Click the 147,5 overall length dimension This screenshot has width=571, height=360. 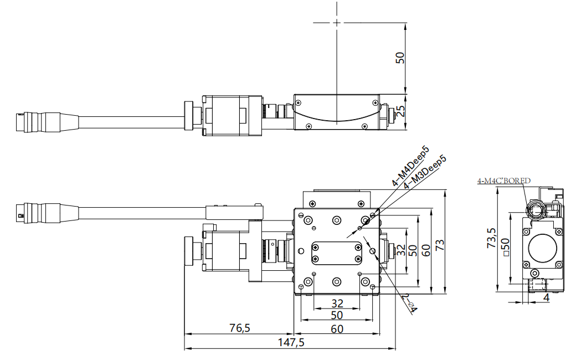tap(290, 342)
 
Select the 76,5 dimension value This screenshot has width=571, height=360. tap(239, 328)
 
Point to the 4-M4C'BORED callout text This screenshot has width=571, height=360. tap(504, 181)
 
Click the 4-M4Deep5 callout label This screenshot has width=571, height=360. tap(410, 166)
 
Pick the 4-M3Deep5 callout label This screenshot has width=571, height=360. tap(425, 172)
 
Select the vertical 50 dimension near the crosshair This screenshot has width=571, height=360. tap(400, 58)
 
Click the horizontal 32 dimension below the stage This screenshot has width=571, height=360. tap(337, 303)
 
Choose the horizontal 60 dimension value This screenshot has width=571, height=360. tap(337, 328)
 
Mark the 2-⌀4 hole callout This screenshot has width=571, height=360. tap(410, 303)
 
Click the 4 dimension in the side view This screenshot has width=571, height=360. tap(546, 297)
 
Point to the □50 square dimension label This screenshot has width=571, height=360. tap(505, 248)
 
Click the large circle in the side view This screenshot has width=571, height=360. tap(543, 248)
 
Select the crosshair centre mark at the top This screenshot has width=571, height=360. tap(336, 23)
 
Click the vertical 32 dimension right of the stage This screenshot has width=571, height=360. tap(401, 250)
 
